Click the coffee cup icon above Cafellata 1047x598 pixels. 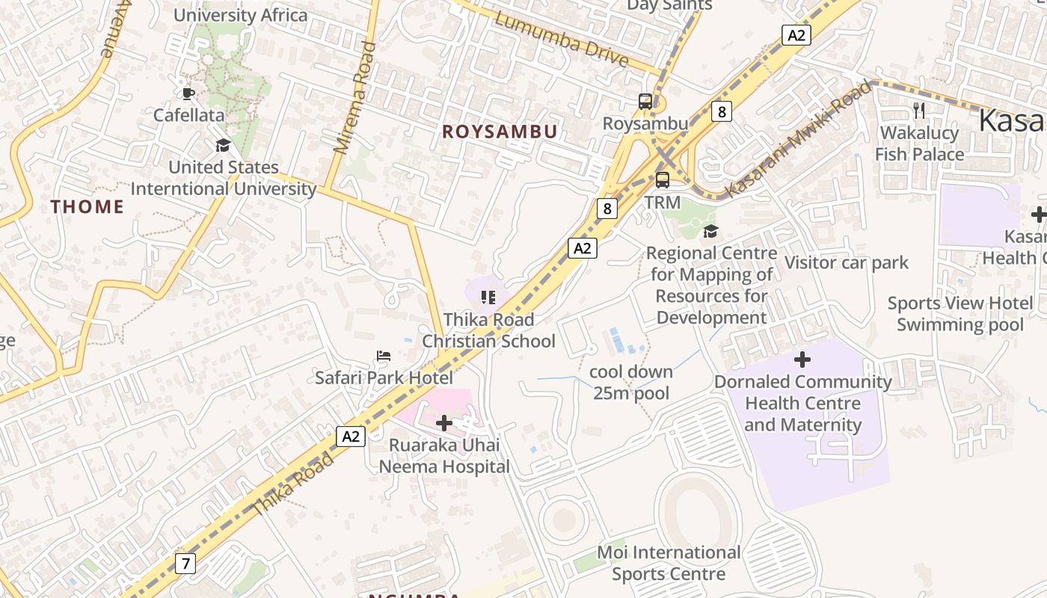click(188, 93)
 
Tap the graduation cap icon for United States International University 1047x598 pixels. click(223, 145)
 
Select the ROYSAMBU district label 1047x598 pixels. click(500, 132)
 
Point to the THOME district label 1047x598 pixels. click(87, 207)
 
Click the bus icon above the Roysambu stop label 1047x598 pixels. click(645, 102)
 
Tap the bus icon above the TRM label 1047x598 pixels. click(663, 180)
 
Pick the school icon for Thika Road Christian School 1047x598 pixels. click(488, 298)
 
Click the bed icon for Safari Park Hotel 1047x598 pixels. click(384, 356)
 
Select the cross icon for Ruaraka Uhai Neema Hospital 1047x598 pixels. click(444, 424)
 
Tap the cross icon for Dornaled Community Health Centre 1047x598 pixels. click(802, 360)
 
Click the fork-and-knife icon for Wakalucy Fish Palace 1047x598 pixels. click(919, 111)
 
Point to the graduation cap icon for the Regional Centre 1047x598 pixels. click(710, 231)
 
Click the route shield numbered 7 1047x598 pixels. click(185, 563)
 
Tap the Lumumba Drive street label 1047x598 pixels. click(561, 39)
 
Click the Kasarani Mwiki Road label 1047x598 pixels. click(799, 139)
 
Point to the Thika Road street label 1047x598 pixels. click(292, 484)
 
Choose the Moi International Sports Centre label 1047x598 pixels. click(669, 563)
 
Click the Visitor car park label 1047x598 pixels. click(846, 262)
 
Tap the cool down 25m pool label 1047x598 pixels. click(631, 382)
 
